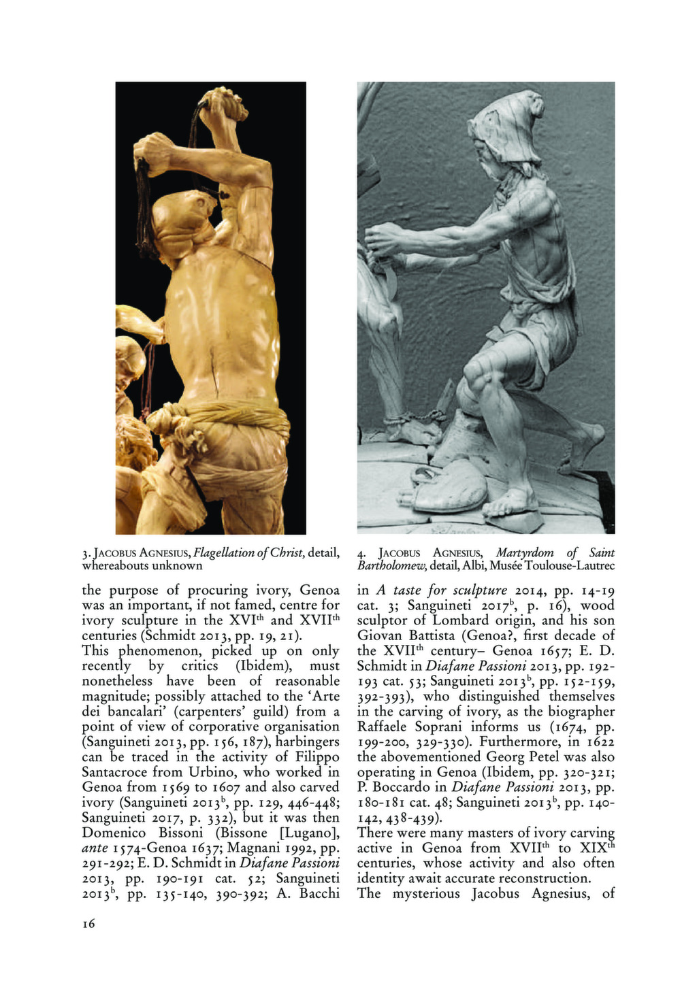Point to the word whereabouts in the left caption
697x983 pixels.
(x=114, y=565)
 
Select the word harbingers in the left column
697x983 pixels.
(x=307, y=742)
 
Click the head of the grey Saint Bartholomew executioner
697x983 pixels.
(x=500, y=136)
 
